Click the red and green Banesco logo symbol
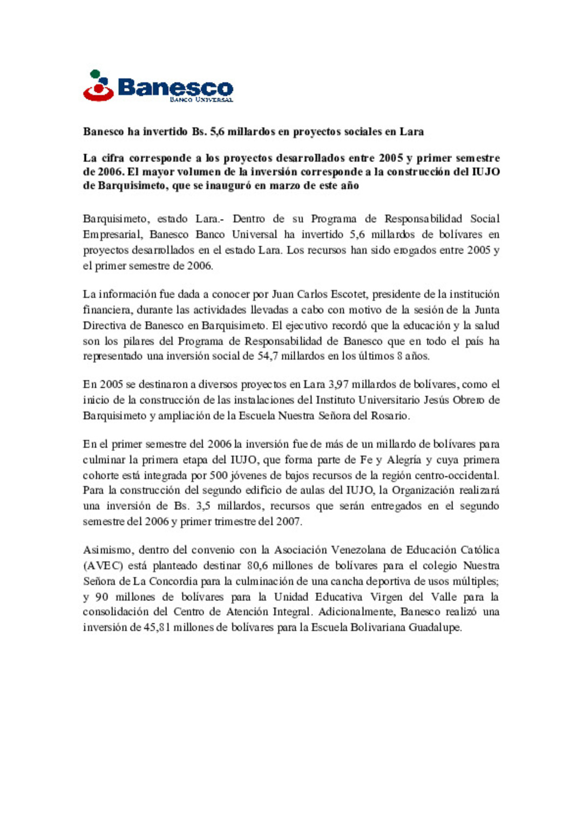[98, 86]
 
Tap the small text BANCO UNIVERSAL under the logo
[201, 100]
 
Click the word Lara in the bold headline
[411, 132]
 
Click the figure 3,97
[338, 385]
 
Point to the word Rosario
[389, 416]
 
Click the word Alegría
[404, 461]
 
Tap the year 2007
[288, 522]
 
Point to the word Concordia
[173, 581]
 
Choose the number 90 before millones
[101, 597]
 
